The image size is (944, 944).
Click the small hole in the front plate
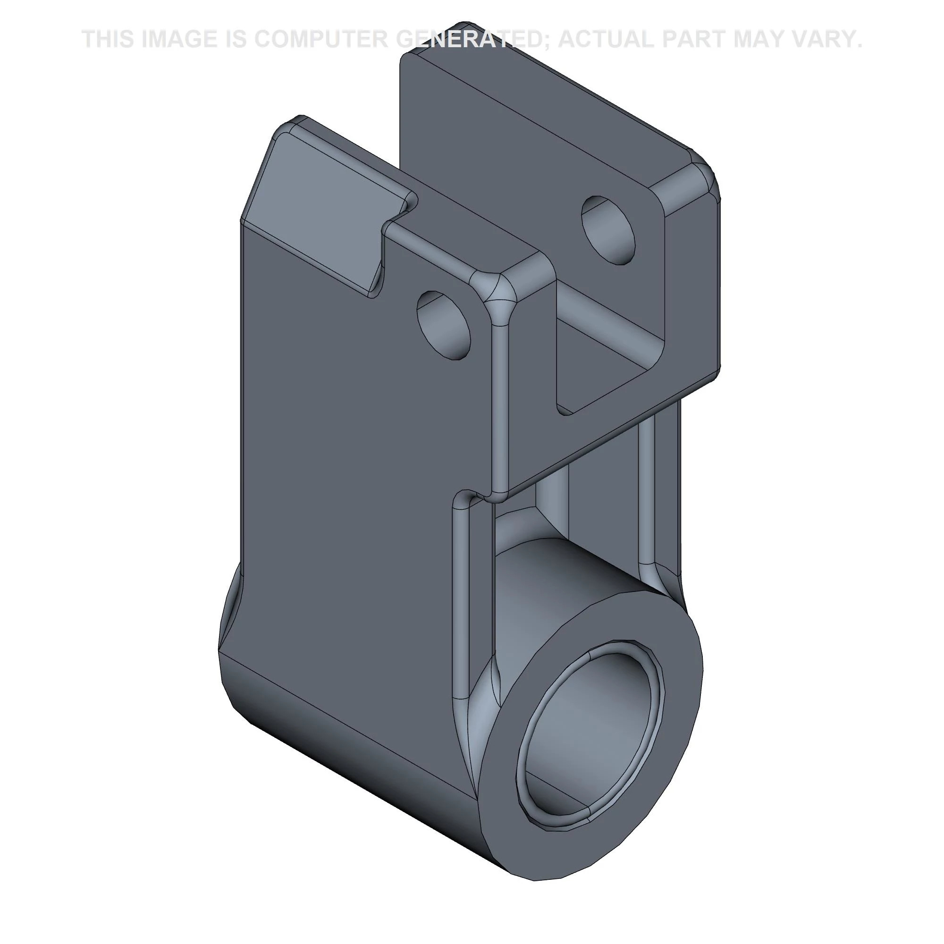point(444,325)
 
